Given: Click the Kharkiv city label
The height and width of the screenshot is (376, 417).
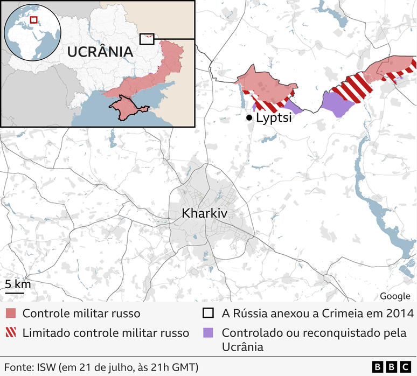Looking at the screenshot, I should [205, 214].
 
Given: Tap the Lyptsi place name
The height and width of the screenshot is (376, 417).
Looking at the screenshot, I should [274, 117].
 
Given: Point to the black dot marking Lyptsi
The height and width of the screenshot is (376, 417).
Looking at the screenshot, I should [249, 117].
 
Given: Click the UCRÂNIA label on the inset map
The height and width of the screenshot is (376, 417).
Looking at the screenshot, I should [100, 52].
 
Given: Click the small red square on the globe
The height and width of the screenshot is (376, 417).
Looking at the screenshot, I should [33, 20].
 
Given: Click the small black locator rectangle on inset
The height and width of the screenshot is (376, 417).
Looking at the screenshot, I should [147, 39].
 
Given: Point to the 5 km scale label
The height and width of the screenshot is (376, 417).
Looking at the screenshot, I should [18, 284].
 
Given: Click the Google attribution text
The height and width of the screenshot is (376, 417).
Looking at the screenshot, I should [395, 296].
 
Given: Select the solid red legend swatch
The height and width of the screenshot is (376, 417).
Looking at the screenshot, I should [11, 314].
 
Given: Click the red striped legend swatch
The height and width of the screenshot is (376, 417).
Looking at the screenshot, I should [11, 333].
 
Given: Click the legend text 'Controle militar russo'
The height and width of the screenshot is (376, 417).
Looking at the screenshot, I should [81, 314].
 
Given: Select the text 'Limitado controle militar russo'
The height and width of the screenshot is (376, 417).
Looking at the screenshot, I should [106, 333].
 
